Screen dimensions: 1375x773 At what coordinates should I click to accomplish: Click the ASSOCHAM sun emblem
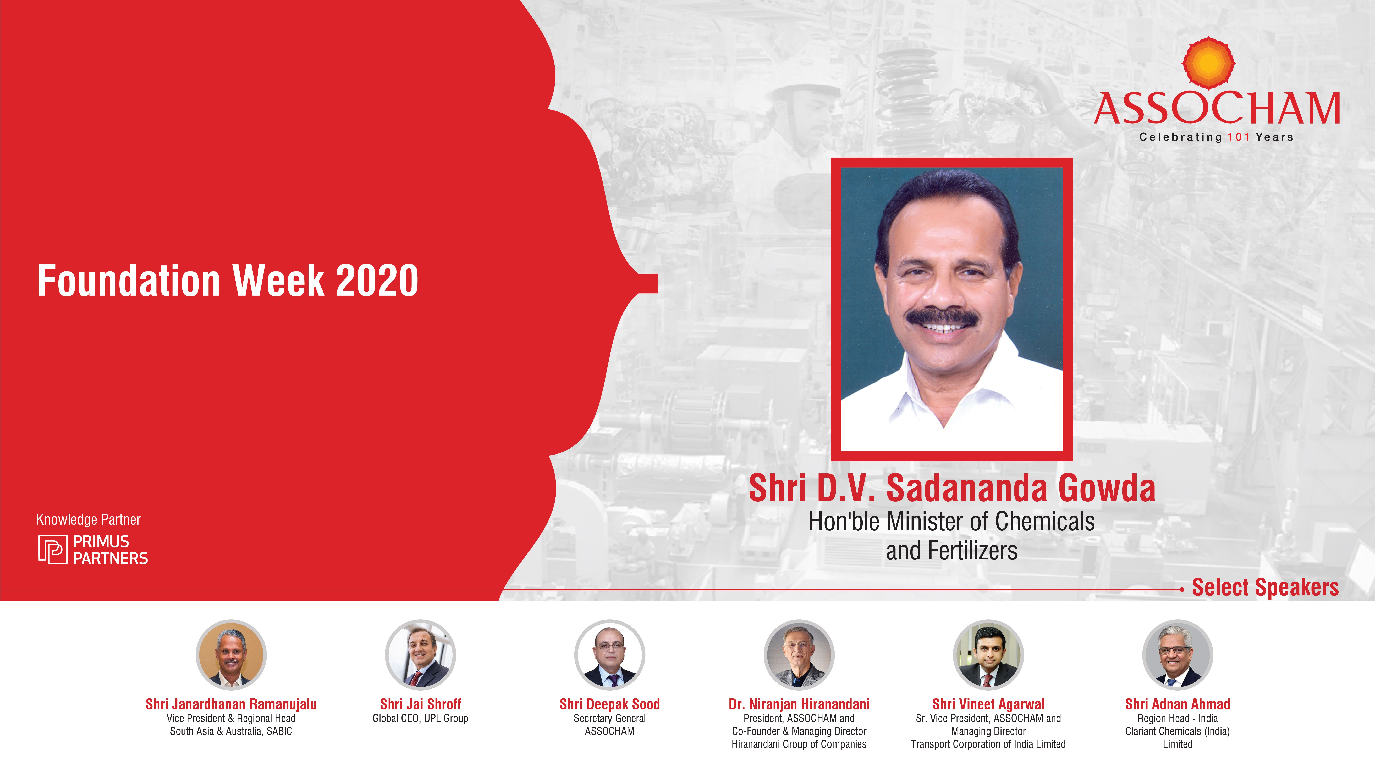point(1208,63)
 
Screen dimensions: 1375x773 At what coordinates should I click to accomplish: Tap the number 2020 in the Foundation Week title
point(377,281)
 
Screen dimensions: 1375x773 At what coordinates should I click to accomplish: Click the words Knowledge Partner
point(89,520)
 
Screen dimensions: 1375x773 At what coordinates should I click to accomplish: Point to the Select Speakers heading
point(1265,587)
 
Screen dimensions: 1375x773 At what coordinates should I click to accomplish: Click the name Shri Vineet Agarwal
point(988,704)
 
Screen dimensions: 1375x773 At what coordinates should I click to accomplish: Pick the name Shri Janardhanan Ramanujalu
point(231,704)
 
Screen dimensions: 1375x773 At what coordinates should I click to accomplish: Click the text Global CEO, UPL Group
point(421,719)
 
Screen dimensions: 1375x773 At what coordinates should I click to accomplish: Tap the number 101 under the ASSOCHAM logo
point(1238,137)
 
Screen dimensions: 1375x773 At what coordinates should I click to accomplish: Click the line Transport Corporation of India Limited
point(988,744)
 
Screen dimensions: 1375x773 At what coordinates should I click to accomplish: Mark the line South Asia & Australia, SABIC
point(231,731)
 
